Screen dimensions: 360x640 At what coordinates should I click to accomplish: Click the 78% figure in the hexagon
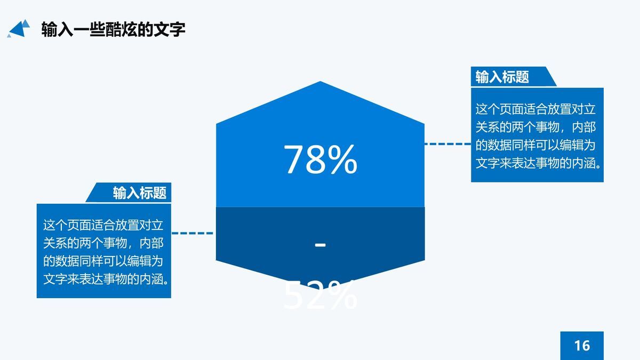[320, 159]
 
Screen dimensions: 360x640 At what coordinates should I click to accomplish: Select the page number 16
[582, 345]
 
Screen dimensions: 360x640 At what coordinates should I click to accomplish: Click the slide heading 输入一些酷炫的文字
[113, 29]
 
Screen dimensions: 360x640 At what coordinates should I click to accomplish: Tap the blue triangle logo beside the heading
[19, 28]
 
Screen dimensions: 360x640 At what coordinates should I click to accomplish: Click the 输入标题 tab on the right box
[502, 77]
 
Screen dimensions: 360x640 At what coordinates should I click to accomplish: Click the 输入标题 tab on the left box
[139, 193]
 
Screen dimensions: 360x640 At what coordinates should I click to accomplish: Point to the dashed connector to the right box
[447, 143]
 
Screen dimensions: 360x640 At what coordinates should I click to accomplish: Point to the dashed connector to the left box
[193, 233]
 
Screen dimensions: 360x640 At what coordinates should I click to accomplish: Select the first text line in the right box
[535, 110]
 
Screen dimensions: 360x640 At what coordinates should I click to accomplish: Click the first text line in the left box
[103, 226]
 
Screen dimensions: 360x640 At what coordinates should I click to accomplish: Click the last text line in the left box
[106, 278]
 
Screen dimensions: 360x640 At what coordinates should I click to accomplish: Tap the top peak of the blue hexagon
[320, 83]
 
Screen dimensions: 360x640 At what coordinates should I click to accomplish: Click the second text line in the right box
[535, 127]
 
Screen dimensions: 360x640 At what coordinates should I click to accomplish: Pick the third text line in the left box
[103, 261]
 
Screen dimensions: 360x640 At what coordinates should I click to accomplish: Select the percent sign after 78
[341, 159]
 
